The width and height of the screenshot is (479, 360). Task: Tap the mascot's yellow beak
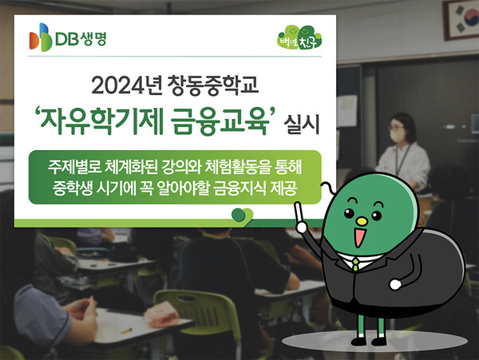point(358,219)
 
